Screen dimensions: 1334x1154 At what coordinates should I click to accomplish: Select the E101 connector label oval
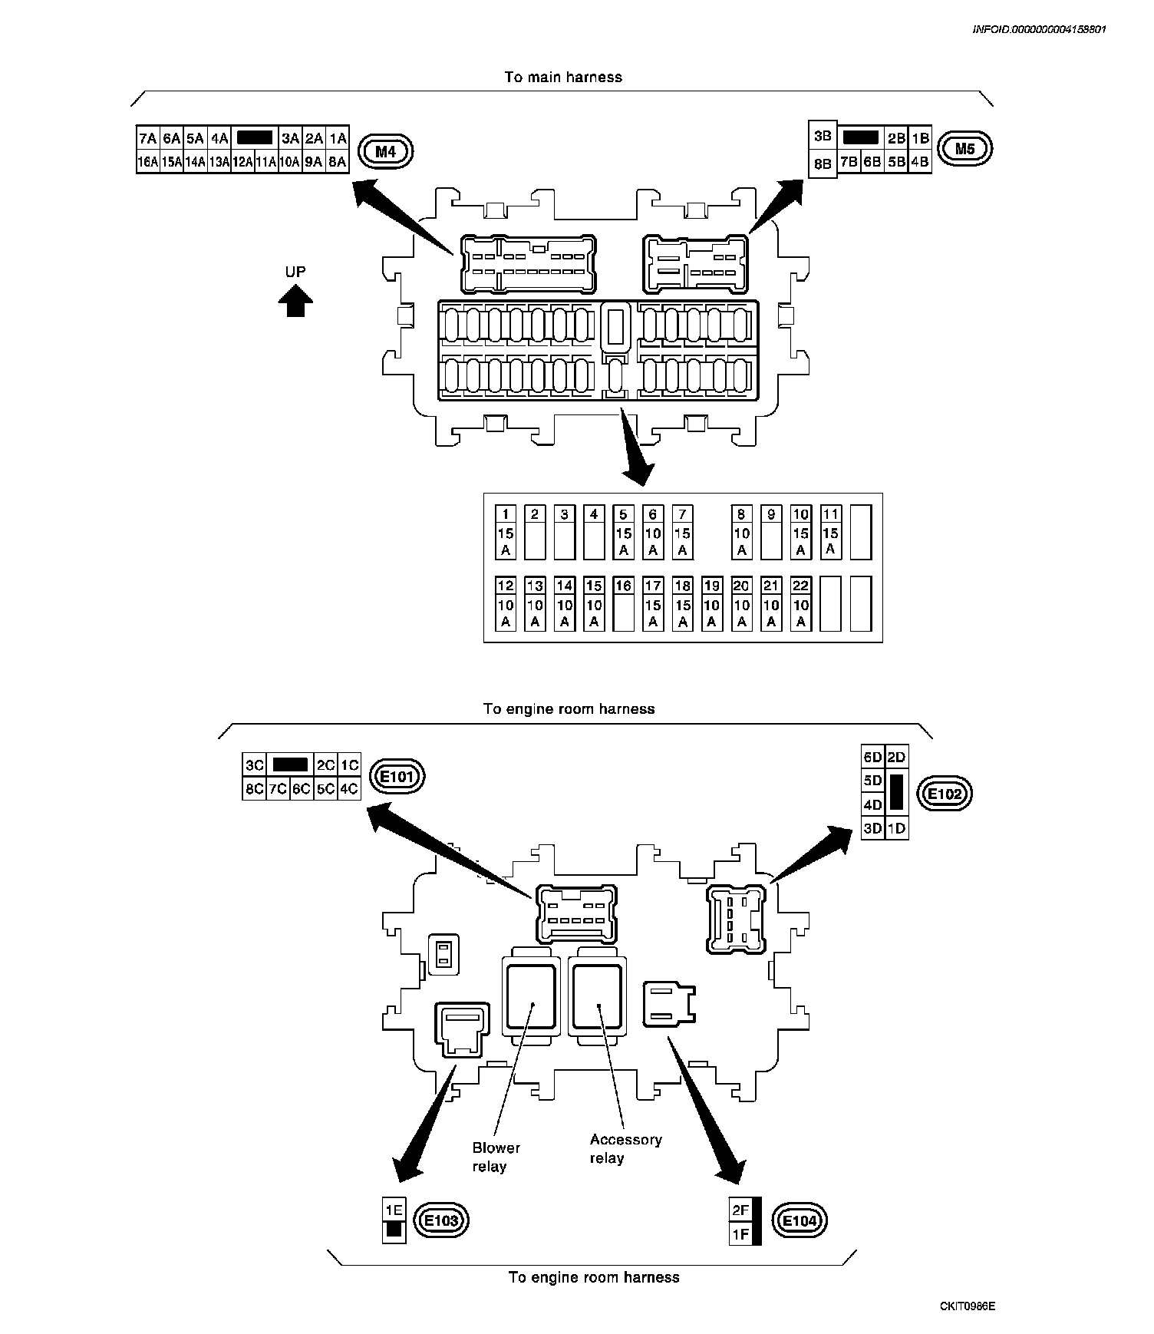397,777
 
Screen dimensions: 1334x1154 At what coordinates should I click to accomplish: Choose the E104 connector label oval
801,1220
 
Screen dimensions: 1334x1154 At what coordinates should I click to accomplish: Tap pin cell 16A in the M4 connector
148,162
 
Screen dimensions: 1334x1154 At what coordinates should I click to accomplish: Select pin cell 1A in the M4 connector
338,139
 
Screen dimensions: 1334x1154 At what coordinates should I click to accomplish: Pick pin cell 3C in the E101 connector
254,765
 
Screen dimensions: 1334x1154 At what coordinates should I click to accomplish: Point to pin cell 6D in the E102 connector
873,758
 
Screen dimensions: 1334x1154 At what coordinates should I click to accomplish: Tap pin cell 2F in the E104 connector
740,1210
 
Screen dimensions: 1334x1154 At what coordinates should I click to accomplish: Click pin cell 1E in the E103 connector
394,1210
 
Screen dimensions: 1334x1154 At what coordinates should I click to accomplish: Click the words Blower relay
496,1157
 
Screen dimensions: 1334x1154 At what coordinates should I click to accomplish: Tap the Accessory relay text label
625,1149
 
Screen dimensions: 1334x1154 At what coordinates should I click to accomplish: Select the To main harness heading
563,78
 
